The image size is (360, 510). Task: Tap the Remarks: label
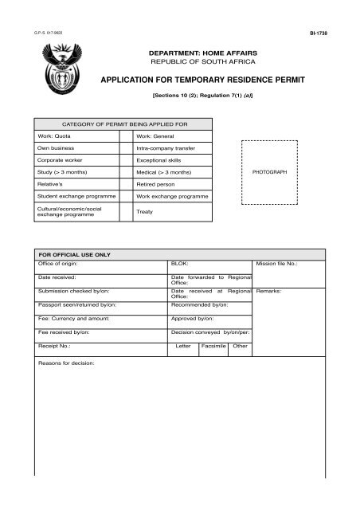271,291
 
